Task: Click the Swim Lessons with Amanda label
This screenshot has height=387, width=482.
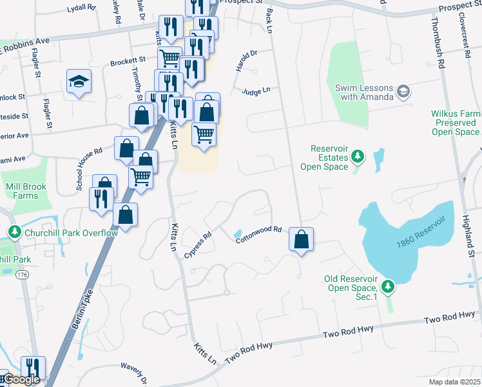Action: pyautogui.click(x=363, y=92)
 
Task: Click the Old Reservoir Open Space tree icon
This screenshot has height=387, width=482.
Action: pyautogui.click(x=387, y=285)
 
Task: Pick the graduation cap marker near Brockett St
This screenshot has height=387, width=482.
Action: pyautogui.click(x=79, y=81)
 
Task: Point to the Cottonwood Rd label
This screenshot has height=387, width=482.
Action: pyautogui.click(x=259, y=233)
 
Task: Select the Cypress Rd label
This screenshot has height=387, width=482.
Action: pyautogui.click(x=198, y=246)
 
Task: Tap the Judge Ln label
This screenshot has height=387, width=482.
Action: pyautogui.click(x=256, y=92)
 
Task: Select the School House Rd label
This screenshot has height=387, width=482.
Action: pyautogui.click(x=89, y=169)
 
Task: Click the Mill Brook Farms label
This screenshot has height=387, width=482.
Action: pyautogui.click(x=22, y=191)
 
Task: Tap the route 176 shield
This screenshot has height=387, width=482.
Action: pyautogui.click(x=22, y=275)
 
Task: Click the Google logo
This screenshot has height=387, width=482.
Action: pyautogui.click(x=21, y=380)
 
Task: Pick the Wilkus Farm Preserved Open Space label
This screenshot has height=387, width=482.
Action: pyautogui.click(x=456, y=123)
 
